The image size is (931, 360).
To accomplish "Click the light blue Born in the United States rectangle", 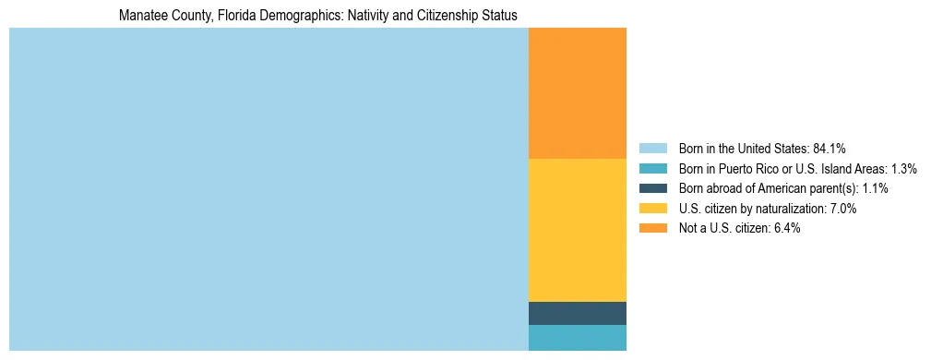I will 269,189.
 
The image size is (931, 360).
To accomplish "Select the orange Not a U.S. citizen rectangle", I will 577,93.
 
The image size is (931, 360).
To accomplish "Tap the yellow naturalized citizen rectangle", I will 577,230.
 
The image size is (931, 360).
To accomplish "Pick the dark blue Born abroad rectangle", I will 577,313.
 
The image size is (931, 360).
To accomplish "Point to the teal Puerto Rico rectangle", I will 577,338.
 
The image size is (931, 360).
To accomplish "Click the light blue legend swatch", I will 652,149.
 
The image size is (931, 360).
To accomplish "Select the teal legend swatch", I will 652,169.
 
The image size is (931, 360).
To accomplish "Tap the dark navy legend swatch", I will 652,188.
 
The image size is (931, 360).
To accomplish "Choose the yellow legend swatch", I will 652,209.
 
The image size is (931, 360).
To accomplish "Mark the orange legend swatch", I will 652,228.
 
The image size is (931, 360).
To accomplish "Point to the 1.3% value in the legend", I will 903,169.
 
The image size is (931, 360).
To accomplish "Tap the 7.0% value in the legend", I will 841,209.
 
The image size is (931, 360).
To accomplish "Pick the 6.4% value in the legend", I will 785,228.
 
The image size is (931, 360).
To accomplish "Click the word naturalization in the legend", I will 787,209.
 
